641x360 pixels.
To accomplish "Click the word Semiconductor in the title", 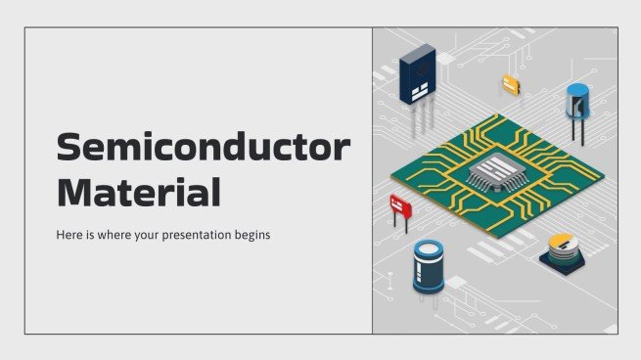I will point(203,149).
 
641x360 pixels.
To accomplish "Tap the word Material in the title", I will point(138,191).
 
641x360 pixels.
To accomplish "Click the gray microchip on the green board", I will point(494,171).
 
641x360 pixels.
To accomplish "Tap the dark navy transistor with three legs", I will point(417,76).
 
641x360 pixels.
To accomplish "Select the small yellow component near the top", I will point(510,85).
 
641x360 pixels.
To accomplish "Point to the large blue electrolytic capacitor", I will point(428,265).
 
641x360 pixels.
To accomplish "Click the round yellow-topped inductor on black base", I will point(561,248).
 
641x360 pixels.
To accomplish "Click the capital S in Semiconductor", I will point(68,149).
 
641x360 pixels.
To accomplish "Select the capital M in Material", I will point(73,191).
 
